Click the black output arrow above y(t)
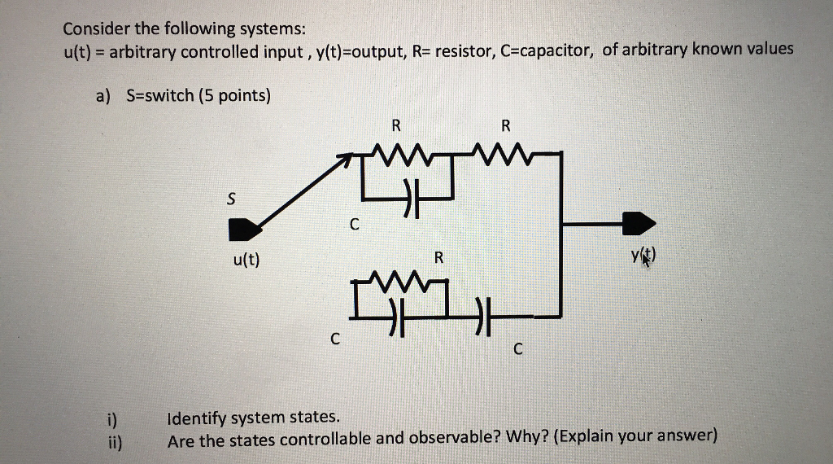tap(639, 221)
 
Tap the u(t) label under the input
tap(244, 261)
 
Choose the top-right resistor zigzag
tap(506, 152)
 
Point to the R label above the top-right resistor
tap(505, 125)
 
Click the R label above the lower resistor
tap(438, 258)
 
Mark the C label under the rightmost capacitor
tap(519, 350)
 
